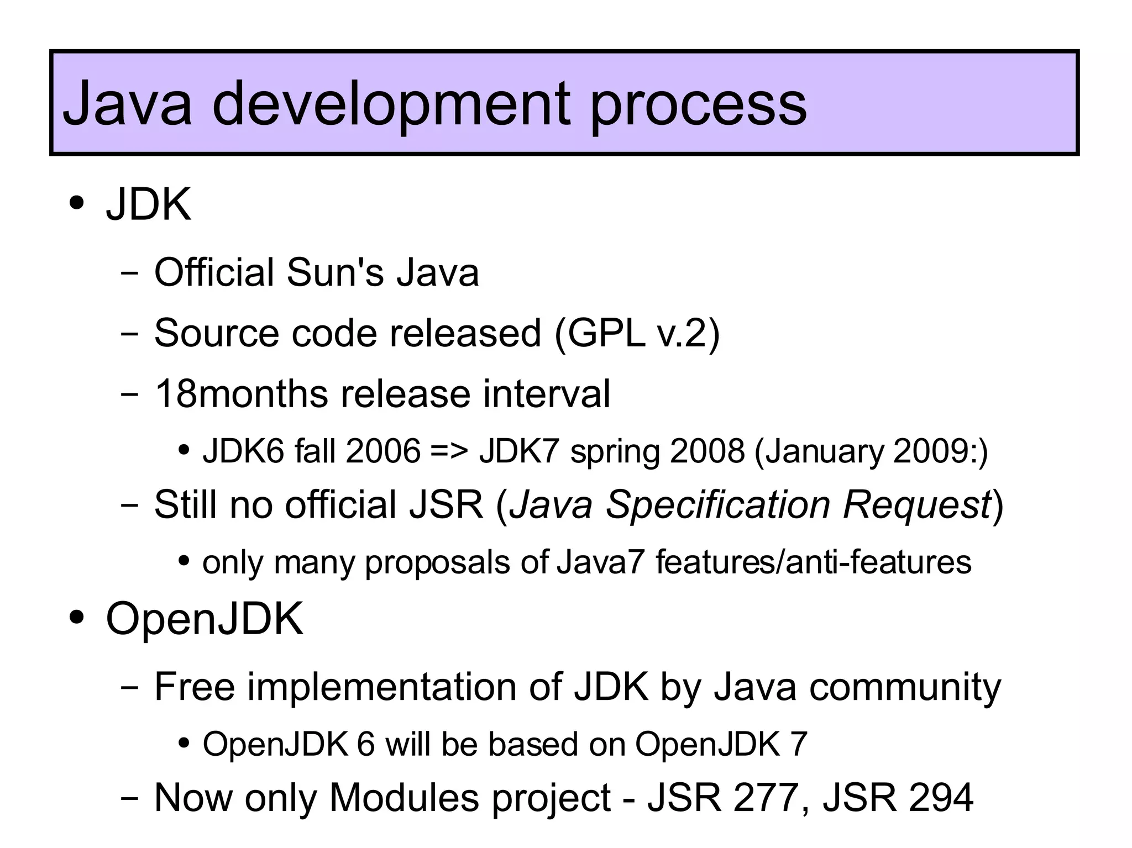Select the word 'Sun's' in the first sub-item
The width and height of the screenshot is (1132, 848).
click(335, 272)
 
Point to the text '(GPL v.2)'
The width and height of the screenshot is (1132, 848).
click(637, 333)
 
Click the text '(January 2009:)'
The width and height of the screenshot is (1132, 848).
click(871, 452)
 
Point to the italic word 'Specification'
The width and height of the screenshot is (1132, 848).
click(718, 505)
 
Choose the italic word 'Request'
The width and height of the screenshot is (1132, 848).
click(918, 505)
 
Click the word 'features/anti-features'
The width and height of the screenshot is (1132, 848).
click(813, 562)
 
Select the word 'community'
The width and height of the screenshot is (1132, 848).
click(905, 688)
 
